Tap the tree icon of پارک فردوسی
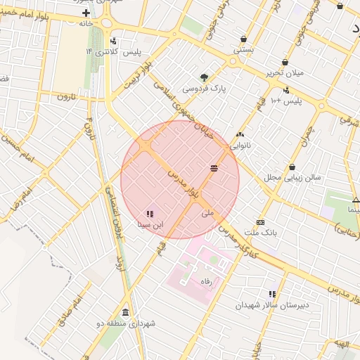204,77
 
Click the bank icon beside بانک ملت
260,222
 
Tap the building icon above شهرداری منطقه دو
126,313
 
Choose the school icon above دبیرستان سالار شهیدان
272,294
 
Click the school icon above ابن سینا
149,214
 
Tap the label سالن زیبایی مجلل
292,177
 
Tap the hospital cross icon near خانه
86,13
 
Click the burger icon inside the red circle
214,167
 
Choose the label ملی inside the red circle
207,212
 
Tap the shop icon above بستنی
243,39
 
